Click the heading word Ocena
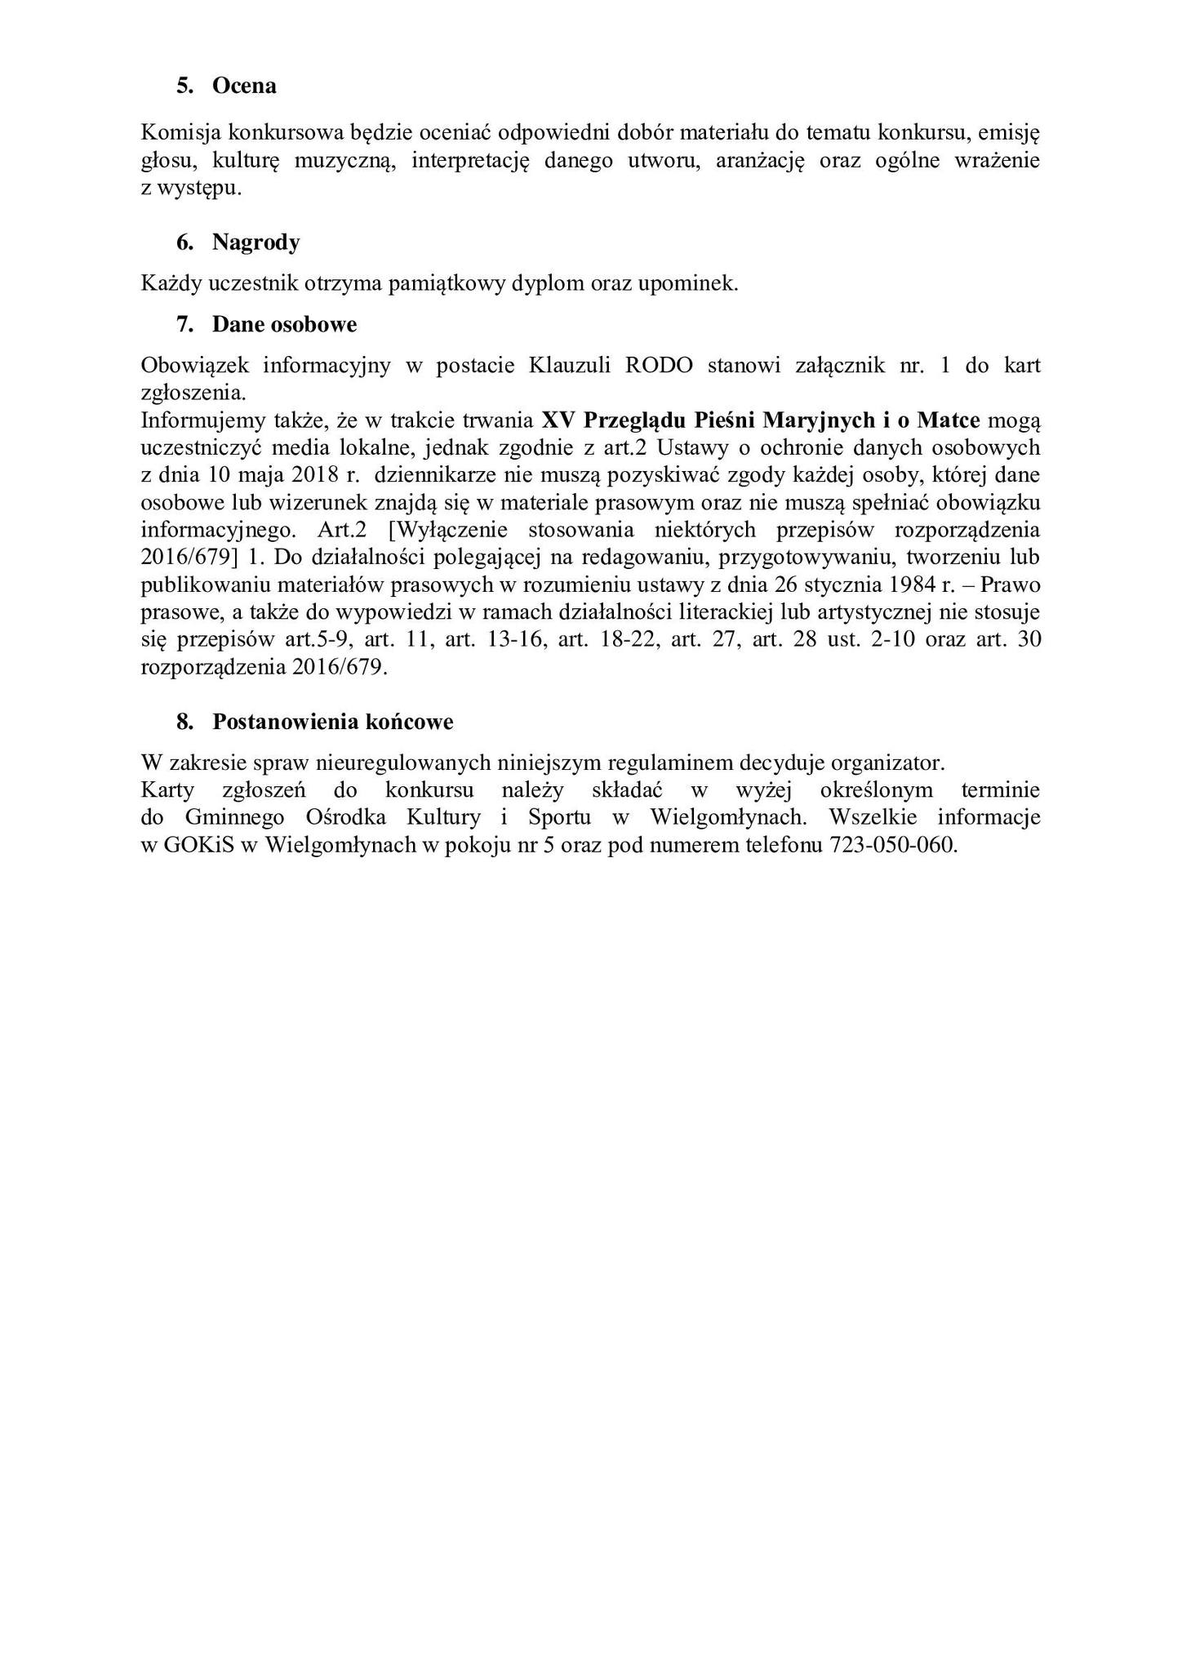[x=244, y=86]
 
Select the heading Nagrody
[x=256, y=242]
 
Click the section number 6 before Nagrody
[x=184, y=242]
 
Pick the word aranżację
[x=760, y=160]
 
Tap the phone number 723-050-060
[x=892, y=845]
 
